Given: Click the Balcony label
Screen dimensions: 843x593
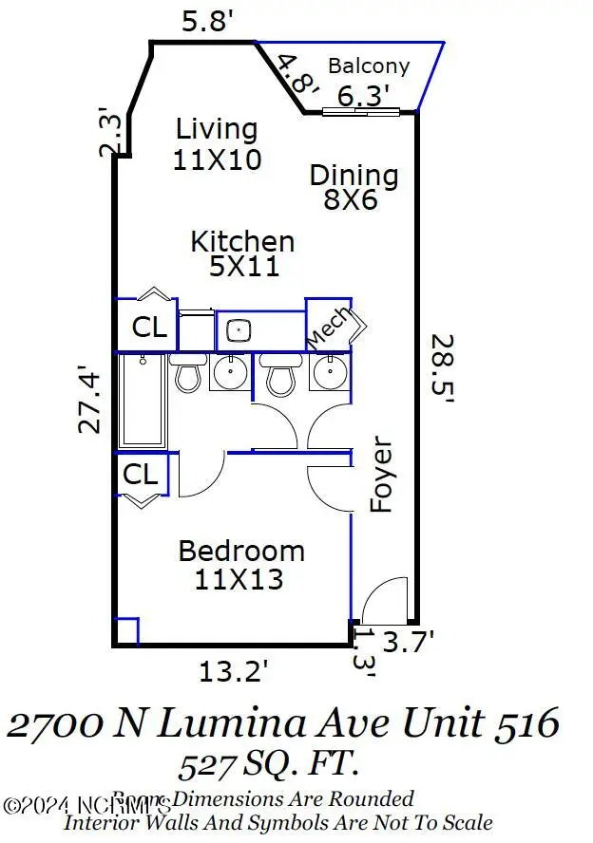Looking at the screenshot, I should coord(369,66).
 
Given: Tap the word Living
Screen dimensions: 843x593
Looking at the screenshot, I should coord(217,128).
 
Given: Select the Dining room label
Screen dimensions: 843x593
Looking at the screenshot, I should coord(354,176).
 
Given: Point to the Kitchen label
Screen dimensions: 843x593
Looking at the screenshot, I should coord(242,241).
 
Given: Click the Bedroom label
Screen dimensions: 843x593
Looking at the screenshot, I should coord(241,551).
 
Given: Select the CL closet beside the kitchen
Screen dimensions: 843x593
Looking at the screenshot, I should coord(149,328).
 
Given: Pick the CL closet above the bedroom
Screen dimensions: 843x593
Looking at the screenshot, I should coord(142,474).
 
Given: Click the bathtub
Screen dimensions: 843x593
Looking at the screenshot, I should coord(142,401).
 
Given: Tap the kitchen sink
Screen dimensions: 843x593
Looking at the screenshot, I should coord(239,331).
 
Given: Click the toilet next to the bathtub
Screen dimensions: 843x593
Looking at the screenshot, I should coord(187,373).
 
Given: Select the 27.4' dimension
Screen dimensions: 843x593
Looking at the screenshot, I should coord(89,400).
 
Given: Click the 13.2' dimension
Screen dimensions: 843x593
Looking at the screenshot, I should coord(234,672).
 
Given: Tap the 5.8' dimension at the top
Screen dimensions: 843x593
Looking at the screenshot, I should coord(206,22).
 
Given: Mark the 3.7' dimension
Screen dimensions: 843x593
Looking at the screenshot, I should coord(409,643).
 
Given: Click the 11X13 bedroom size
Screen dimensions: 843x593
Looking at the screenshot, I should coord(239,579).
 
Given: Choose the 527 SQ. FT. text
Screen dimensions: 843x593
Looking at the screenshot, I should coord(269,762).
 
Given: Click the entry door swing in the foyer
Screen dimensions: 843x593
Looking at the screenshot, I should coord(385,598).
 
